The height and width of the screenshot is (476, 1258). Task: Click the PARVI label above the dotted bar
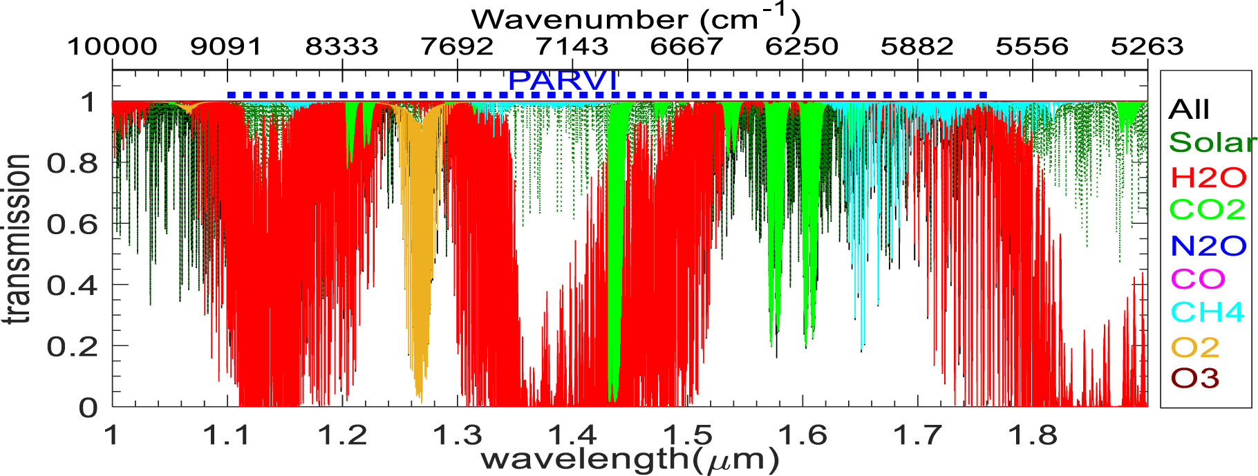coord(563,81)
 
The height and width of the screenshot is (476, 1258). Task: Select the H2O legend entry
coord(1208,178)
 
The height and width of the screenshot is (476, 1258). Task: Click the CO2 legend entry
coord(1207,209)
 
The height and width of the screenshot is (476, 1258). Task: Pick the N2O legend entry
coord(1208,245)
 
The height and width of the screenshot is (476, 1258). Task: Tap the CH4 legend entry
coord(1207,312)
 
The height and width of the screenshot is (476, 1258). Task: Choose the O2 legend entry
coord(1195,347)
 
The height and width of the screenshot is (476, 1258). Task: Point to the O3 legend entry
coord(1195,378)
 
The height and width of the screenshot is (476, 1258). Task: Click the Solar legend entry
coord(1211,142)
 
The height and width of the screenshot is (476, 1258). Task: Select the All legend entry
coord(1189,109)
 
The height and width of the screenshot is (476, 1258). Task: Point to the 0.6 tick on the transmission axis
coord(72,225)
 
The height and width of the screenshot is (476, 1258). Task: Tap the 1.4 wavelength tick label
coord(572,435)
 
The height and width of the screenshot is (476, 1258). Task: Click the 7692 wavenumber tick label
coord(458,46)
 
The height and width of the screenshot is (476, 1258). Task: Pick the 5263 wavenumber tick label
coord(1147,46)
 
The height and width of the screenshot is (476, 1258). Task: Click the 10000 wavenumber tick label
coord(112,46)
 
